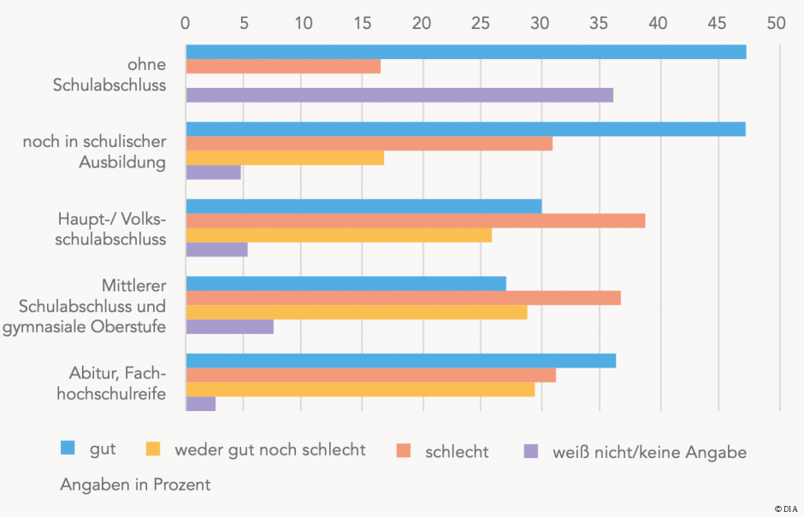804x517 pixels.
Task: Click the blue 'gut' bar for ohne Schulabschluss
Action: [x=466, y=52]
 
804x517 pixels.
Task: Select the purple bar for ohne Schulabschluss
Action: [x=399, y=95]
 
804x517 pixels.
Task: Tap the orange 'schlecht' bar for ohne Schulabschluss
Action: [x=283, y=67]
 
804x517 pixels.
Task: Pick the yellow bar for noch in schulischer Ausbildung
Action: [x=285, y=158]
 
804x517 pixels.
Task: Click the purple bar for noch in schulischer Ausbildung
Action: [x=213, y=173]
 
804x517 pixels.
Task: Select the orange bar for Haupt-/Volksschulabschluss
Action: [x=416, y=220]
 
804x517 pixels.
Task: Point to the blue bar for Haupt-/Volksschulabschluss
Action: [x=364, y=206]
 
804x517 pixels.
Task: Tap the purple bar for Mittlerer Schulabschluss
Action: [x=229, y=326]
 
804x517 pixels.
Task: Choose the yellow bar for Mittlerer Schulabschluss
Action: [x=357, y=313]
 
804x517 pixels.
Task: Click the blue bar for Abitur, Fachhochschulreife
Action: [x=400, y=361]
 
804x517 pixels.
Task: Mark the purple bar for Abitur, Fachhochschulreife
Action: [x=200, y=404]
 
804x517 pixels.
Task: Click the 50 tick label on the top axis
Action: [x=775, y=23]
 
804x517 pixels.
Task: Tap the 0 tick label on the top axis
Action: [x=186, y=23]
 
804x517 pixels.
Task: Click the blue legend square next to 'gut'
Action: [x=68, y=448]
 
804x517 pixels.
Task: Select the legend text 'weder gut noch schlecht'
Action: [x=269, y=449]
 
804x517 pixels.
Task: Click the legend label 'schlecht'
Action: [x=457, y=451]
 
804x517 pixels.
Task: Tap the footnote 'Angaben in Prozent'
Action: [x=135, y=485]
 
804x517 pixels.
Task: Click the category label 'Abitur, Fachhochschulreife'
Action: [x=117, y=383]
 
